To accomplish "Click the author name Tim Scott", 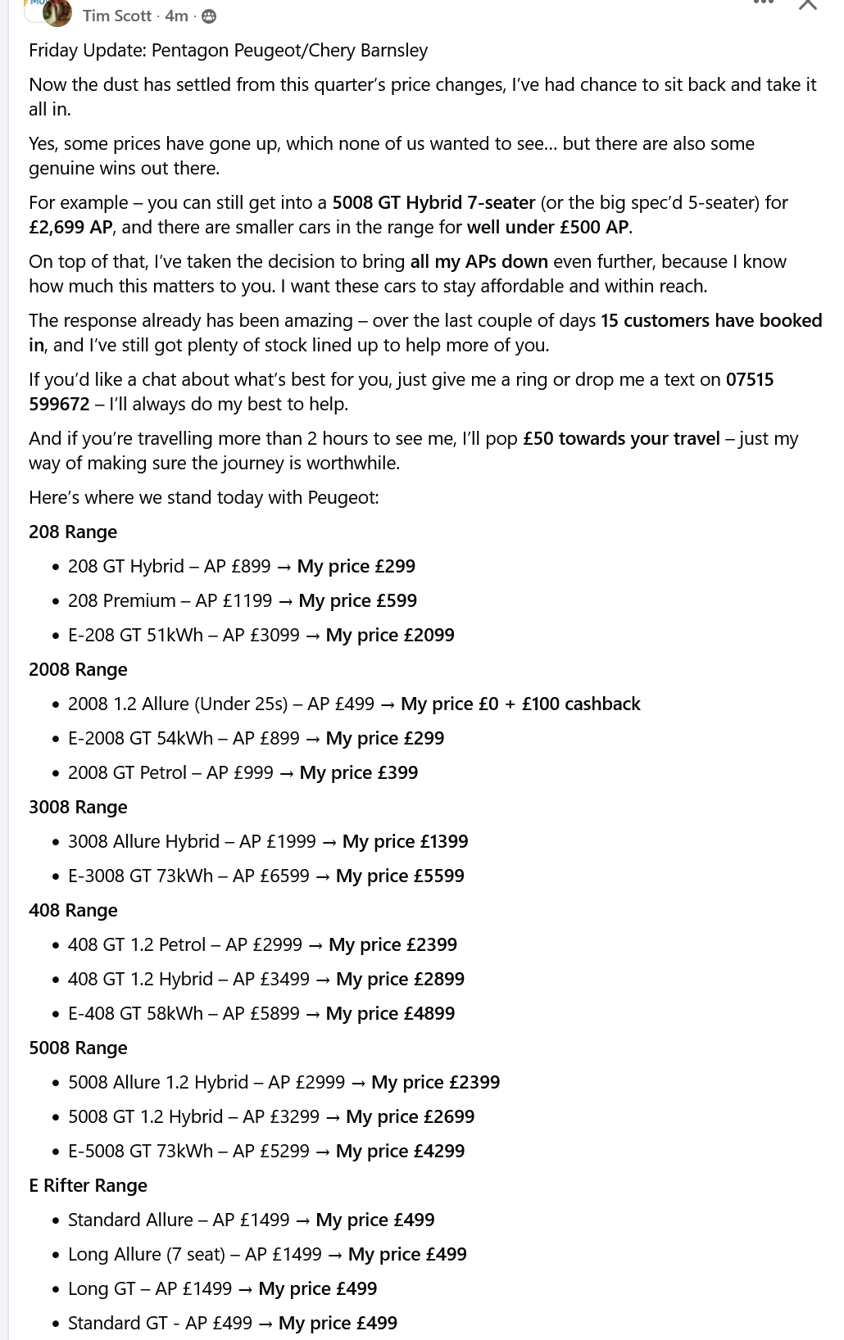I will coord(116,16).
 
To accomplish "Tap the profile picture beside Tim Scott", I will coord(57,12).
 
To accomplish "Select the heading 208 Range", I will coord(73,532).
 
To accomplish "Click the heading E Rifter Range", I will coord(88,1185).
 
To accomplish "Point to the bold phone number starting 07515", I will coord(749,379).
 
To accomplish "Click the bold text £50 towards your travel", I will coord(621,438).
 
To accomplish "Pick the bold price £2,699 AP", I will coord(70,227).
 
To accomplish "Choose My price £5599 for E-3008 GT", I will coord(400,876).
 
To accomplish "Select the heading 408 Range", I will coord(73,910).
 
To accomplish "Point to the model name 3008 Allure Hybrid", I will coord(143,841).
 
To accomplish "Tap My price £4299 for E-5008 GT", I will coord(400,1151).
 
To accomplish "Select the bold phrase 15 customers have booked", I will coord(710,320).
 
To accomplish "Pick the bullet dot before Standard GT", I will coord(56,1324).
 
